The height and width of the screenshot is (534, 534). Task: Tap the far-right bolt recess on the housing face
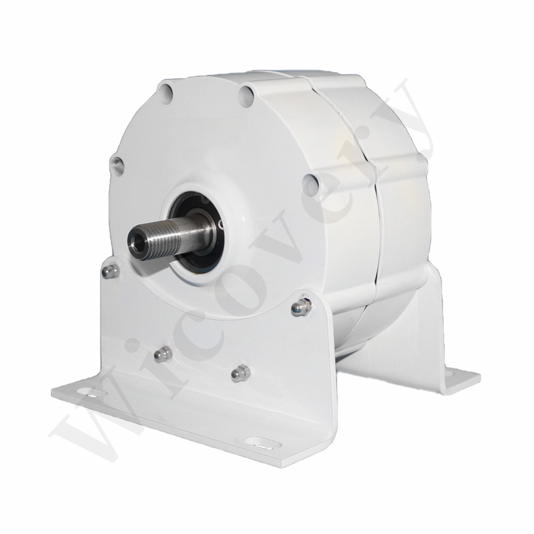click(x=310, y=185)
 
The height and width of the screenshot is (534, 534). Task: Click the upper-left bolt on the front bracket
click(x=111, y=271)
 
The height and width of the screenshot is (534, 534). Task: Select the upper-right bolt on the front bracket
click(x=301, y=307)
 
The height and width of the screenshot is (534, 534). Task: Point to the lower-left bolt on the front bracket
click(x=162, y=354)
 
